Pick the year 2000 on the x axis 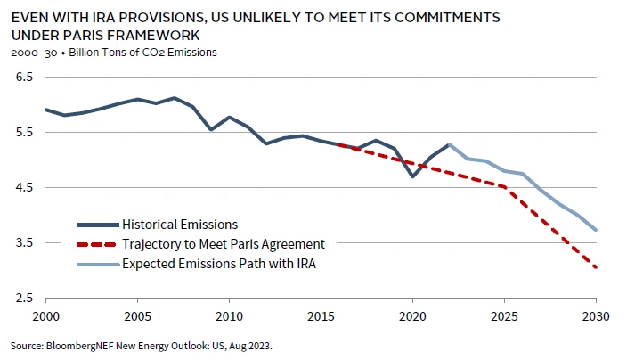coord(45,316)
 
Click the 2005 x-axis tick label coord(137,316)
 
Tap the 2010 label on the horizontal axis coord(229,316)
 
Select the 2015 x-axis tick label coord(321,316)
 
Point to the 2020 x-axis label coord(412,316)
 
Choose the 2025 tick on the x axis coord(504,316)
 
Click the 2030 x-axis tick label coord(596,316)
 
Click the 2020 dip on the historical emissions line coord(412,176)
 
